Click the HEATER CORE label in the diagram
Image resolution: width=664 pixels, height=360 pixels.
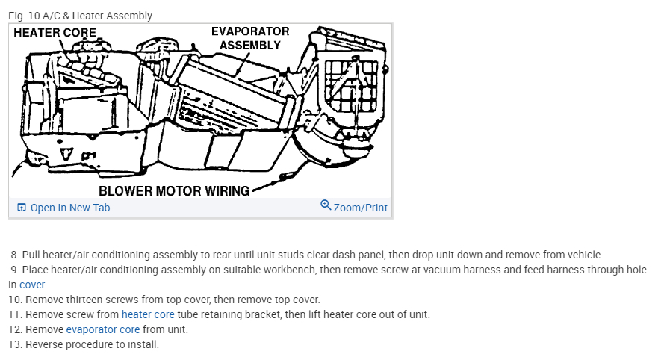[55, 33]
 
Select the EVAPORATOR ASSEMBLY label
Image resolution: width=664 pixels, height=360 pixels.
[250, 38]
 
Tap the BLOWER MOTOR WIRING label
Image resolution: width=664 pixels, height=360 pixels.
[174, 190]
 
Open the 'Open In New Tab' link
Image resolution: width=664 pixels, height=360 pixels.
[69, 208]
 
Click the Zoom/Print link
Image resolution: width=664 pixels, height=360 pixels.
[360, 208]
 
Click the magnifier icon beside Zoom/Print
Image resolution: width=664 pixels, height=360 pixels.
[326, 205]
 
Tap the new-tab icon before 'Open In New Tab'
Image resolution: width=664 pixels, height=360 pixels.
[21, 208]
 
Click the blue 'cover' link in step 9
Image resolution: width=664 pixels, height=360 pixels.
[33, 285]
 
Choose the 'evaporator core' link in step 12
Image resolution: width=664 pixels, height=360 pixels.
[102, 329]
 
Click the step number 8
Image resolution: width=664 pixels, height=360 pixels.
[13, 255]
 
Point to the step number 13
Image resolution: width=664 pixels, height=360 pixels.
[15, 344]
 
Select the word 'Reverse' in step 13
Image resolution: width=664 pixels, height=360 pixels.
[44, 344]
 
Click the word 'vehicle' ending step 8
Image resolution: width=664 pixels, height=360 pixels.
[582, 255]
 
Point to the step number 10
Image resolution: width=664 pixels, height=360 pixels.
[15, 300]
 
